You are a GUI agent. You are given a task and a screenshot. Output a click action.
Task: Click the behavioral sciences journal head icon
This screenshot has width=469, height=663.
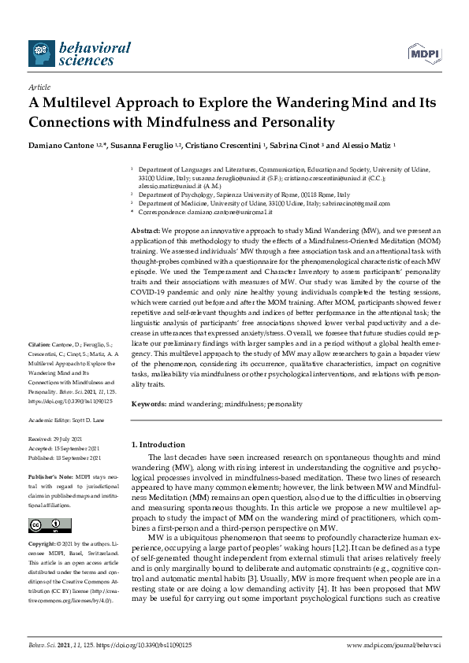(42, 54)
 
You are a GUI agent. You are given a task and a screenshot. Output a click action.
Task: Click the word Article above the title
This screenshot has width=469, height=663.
(39, 87)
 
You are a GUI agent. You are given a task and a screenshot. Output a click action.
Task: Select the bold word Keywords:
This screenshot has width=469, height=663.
(149, 404)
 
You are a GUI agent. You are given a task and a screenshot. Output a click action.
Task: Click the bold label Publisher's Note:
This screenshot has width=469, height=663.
(50, 478)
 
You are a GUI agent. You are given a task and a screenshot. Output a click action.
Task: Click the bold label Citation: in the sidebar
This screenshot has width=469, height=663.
(40, 345)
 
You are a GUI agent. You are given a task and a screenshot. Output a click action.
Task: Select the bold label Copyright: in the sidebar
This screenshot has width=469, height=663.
(44, 545)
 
